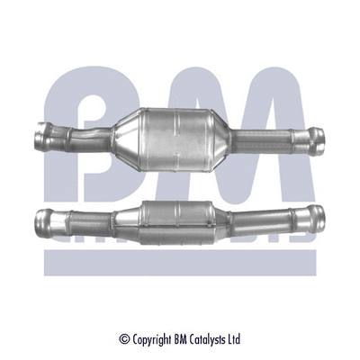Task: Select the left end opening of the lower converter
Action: (42, 219)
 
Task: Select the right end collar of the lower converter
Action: (316, 217)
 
